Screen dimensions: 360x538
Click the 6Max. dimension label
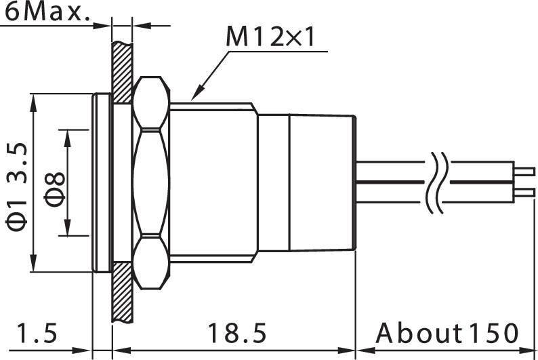coord(46,12)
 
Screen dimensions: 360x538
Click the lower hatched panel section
coord(123,292)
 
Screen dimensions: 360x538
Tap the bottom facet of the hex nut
coord(151,261)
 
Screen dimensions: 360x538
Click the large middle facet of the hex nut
coord(151,182)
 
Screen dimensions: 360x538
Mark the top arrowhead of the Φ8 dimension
coord(66,134)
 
